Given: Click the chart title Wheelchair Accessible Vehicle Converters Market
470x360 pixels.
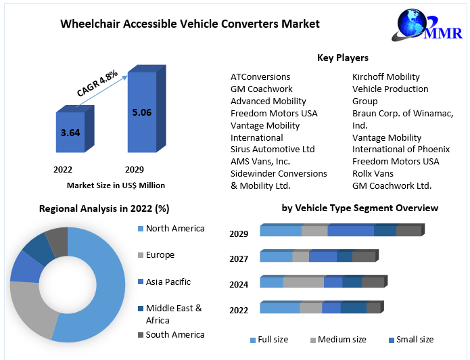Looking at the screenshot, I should (x=190, y=24).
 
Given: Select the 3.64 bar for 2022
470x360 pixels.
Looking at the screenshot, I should (x=70, y=133).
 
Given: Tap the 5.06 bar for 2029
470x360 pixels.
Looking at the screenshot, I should (x=142, y=112).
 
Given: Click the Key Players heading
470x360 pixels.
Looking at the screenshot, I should (x=343, y=58).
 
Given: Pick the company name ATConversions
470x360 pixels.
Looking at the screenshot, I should (x=260, y=76).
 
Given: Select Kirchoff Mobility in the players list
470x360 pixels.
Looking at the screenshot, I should (x=386, y=76).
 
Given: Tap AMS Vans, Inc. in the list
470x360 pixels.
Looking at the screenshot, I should (x=260, y=161).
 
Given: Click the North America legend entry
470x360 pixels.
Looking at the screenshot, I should (x=174, y=229).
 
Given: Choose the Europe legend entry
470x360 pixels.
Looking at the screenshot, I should (x=160, y=255).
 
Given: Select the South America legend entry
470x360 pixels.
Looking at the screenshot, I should (x=174, y=334).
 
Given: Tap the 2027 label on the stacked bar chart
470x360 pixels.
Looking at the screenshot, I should (x=239, y=258).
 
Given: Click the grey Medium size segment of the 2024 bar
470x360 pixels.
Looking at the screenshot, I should (x=304, y=282).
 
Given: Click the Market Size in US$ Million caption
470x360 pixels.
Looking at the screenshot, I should (x=116, y=185).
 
